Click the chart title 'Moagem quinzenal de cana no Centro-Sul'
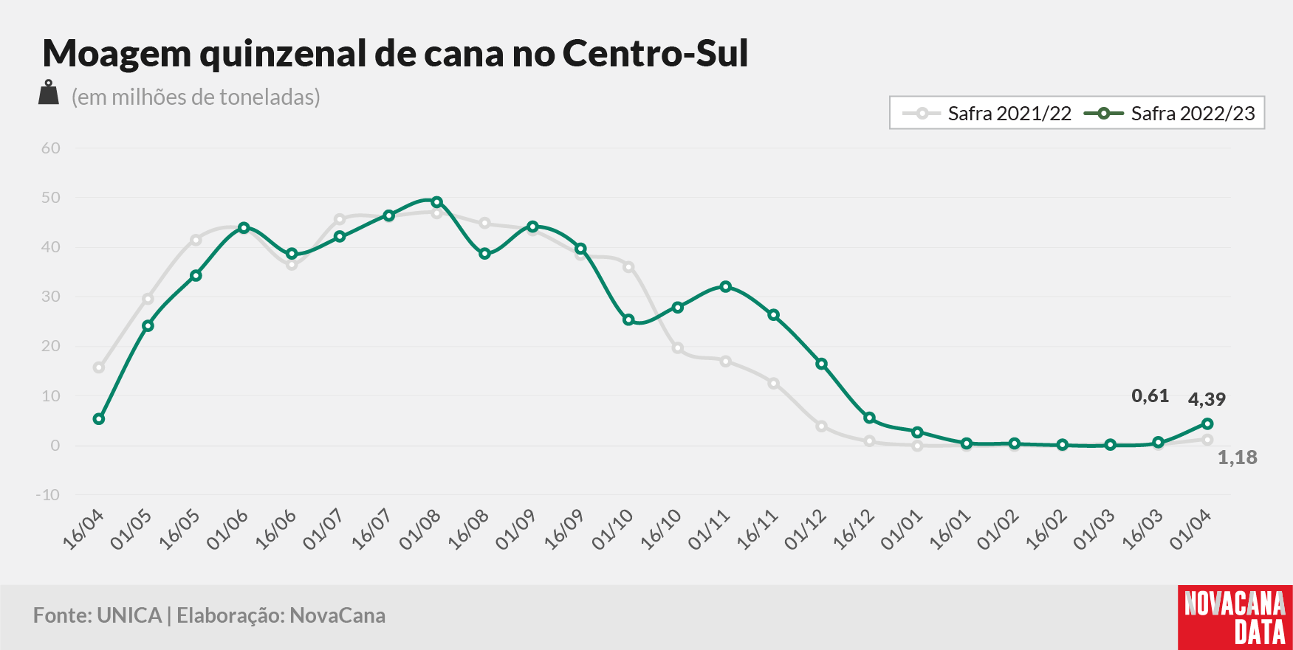(395, 53)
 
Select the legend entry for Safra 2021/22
(987, 114)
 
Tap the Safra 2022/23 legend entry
(1170, 114)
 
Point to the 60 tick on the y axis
(51, 148)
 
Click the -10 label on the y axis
(48, 494)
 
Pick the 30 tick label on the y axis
(51, 297)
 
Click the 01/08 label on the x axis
(419, 530)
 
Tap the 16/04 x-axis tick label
(83, 530)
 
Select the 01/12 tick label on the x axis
(805, 530)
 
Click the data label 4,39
(1207, 399)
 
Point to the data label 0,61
(1150, 396)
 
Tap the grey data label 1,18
(1237, 457)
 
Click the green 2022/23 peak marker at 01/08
(436, 202)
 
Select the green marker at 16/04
(99, 419)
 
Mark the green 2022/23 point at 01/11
(726, 286)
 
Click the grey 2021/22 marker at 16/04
(99, 367)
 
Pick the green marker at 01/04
(1207, 423)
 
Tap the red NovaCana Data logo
(1235, 618)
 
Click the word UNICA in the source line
(129, 615)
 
